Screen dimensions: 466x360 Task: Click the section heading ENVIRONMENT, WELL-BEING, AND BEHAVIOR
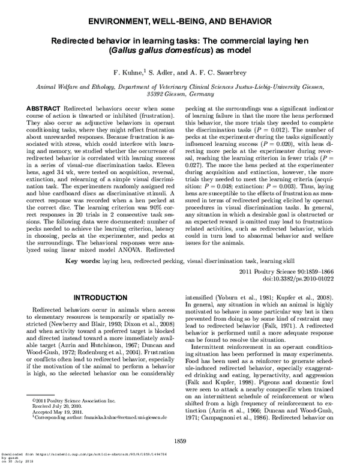click(x=179, y=21)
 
